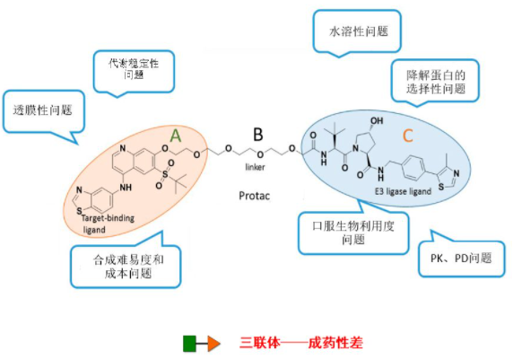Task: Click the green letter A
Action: tap(176, 136)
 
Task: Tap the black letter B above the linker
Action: tap(258, 135)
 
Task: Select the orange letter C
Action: tap(408, 136)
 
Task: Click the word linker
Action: tap(255, 167)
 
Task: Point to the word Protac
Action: tap(255, 196)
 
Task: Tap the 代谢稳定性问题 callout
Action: tap(134, 73)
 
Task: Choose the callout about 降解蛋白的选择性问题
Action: tap(435, 82)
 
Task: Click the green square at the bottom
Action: tap(189, 344)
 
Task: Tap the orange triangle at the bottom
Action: tap(213, 344)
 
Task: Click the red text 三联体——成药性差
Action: tap(301, 343)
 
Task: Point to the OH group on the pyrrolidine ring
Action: tap(377, 120)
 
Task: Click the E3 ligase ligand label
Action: tap(403, 191)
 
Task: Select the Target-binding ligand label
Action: tap(108, 224)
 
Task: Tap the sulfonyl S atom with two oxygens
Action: tap(165, 174)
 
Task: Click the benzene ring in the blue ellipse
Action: tap(413, 168)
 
